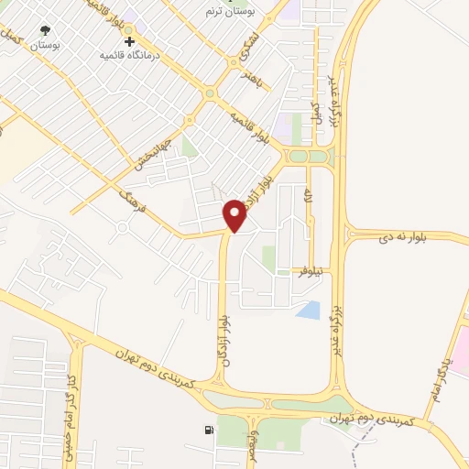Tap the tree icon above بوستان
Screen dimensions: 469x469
[x=45, y=30]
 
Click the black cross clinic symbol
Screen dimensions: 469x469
[x=130, y=41]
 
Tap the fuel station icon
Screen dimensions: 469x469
[x=211, y=430]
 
